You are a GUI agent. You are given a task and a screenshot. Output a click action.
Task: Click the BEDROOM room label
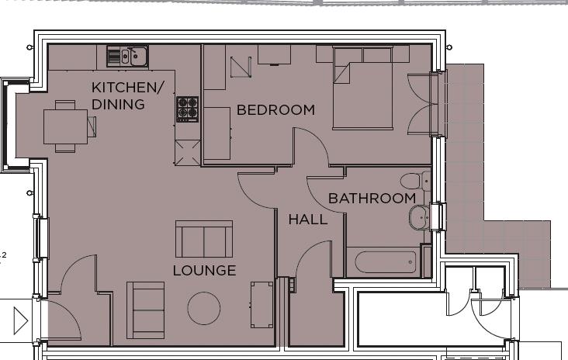(275, 110)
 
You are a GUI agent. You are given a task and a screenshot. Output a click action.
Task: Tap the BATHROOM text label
(372, 199)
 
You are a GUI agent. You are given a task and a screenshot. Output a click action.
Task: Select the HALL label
(308, 220)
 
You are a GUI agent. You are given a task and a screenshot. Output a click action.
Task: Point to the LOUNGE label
(204, 271)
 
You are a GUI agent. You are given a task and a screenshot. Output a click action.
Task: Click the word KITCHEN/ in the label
(128, 87)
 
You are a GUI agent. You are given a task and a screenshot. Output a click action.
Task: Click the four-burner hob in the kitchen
(187, 109)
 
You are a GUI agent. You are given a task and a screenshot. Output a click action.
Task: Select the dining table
(65, 126)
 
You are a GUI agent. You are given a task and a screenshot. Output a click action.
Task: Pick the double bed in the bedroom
(364, 88)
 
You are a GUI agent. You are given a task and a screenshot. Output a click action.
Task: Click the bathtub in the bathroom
(384, 261)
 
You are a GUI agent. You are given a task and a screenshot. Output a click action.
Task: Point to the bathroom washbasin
(420, 218)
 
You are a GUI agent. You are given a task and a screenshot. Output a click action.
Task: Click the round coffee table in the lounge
(204, 308)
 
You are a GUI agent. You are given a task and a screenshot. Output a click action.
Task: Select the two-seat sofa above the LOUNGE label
(204, 239)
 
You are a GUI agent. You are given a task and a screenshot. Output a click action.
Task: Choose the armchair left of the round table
(146, 310)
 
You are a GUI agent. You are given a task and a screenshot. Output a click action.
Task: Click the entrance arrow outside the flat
(21, 320)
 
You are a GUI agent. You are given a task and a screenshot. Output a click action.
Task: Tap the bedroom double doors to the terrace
(425, 105)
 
